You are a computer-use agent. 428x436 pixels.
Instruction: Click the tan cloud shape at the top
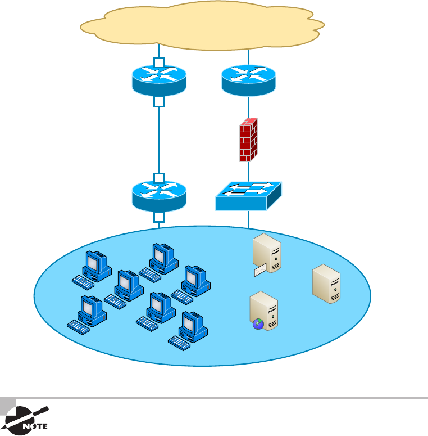pos(202,25)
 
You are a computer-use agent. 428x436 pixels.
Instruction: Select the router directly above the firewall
pos(249,80)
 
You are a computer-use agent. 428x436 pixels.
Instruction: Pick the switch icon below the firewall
pos(248,196)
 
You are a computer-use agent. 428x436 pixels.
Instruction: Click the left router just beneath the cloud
pos(159,80)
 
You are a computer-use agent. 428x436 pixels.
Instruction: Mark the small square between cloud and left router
pos(159,62)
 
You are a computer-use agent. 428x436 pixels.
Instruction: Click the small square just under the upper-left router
pos(159,102)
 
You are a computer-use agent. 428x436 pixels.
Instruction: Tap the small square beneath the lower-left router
pos(159,217)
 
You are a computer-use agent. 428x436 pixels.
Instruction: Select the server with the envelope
pos(266,255)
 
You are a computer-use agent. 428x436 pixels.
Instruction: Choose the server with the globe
pos(264,311)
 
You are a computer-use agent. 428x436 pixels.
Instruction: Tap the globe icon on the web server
pos(258,324)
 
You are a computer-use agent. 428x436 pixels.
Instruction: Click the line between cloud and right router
pos(249,56)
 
